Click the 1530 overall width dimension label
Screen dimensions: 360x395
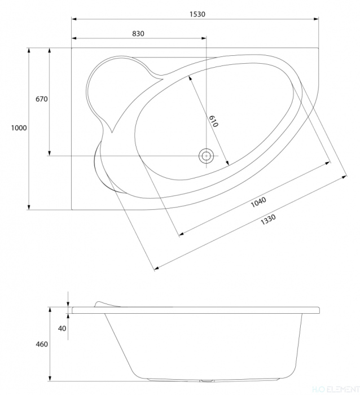(197, 14)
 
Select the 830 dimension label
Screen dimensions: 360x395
(138, 33)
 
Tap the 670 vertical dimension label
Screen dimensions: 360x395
(42, 99)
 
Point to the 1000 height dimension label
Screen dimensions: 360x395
(19, 128)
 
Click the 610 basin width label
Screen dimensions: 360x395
(213, 121)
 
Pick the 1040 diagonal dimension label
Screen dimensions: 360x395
(258, 202)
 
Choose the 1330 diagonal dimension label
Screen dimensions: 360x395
(268, 220)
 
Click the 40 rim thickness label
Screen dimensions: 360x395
(62, 328)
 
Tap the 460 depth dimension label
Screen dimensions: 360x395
(42, 344)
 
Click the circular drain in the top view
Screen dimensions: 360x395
(207, 156)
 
